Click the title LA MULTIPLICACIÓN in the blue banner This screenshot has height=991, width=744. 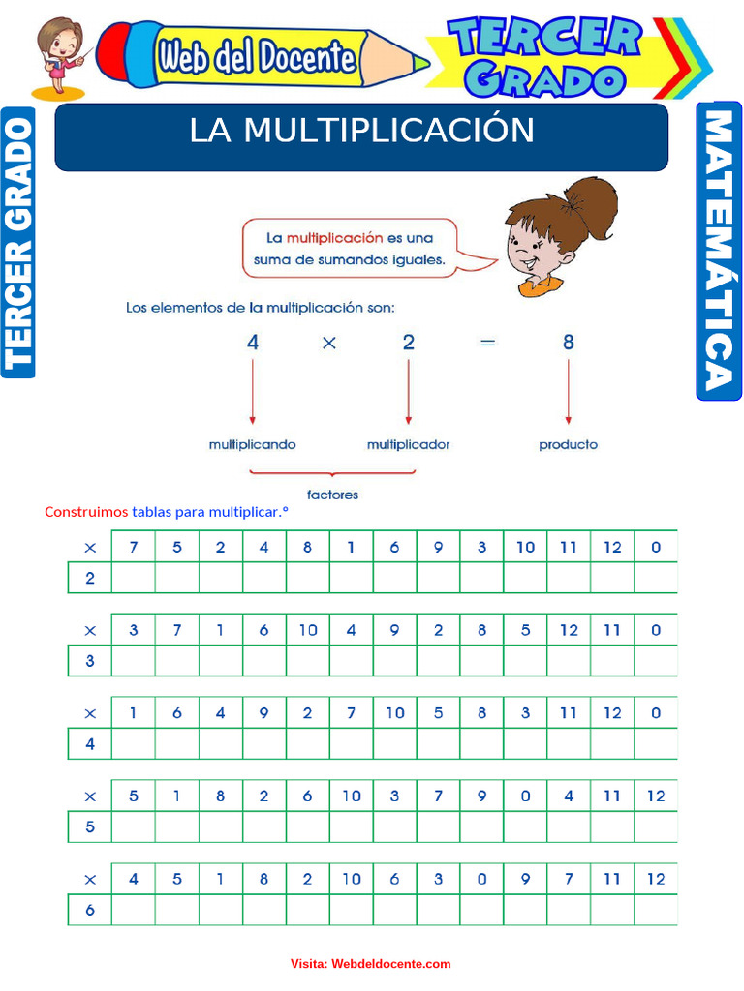tap(361, 131)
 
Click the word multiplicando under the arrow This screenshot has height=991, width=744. tap(252, 445)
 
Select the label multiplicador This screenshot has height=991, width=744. tap(408, 445)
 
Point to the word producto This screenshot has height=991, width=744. tap(568, 445)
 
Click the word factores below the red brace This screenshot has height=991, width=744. tap(332, 495)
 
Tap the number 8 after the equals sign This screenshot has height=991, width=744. tap(569, 342)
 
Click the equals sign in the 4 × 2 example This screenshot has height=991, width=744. tap(487, 343)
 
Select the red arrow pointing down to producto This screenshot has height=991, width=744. tap(569, 392)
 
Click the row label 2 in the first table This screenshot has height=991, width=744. tap(90, 579)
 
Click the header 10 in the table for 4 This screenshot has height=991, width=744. tap(394, 713)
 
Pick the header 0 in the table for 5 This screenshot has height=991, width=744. tap(525, 796)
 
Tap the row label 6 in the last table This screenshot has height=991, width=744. tap(90, 911)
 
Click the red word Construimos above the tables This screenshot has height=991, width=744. tap(86, 512)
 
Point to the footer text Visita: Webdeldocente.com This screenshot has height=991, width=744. tap(370, 964)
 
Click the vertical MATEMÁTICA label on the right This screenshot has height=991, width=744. tap(718, 252)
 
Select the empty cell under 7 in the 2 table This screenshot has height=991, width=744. tap(134, 579)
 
